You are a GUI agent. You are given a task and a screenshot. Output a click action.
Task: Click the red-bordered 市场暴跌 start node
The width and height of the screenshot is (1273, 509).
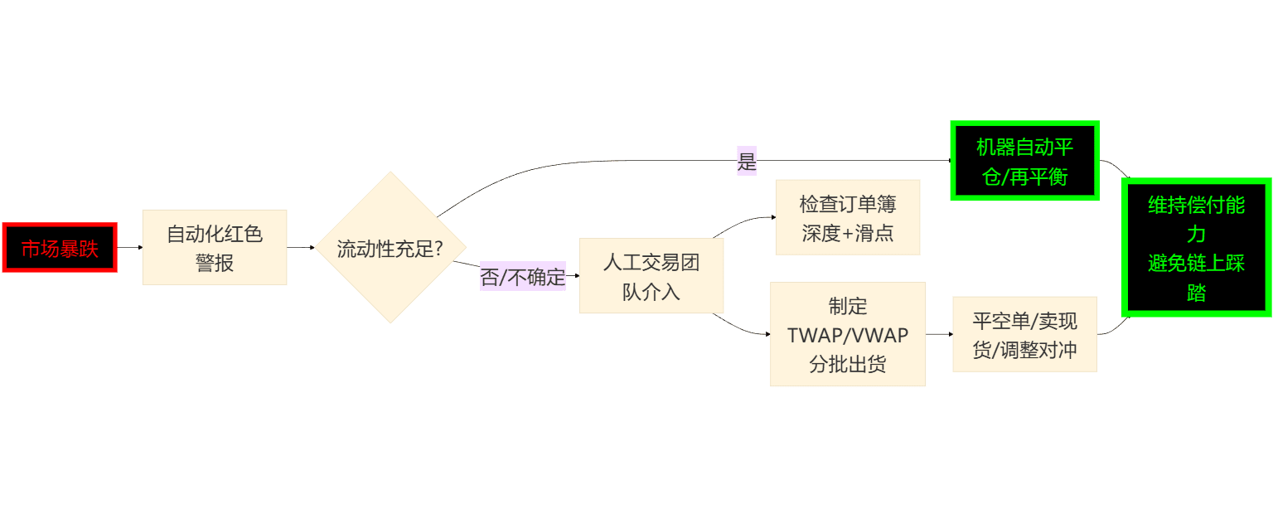[x=60, y=248]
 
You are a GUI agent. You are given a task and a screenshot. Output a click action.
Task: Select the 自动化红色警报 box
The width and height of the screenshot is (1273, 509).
[x=215, y=247]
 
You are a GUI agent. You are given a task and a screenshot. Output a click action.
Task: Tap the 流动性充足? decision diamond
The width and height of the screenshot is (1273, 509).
[x=390, y=247]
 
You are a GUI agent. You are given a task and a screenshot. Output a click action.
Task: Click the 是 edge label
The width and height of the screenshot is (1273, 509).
[x=747, y=161]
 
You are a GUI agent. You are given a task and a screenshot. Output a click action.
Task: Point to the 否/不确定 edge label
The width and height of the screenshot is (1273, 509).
[x=522, y=278]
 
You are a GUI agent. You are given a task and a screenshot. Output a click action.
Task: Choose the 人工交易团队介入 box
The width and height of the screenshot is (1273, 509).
[x=651, y=276]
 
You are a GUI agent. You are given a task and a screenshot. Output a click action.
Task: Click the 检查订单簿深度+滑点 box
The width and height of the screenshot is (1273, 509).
[x=848, y=217]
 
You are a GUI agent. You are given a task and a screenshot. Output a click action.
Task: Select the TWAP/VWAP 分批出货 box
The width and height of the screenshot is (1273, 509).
[x=847, y=334]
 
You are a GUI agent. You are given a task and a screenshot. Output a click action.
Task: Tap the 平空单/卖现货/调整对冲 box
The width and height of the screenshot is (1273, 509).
[x=1024, y=334]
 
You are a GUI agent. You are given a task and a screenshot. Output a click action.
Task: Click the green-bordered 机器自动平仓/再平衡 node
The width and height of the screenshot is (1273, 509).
[x=1024, y=161]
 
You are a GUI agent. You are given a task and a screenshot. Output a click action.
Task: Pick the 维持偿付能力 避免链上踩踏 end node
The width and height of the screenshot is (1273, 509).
[x=1196, y=247]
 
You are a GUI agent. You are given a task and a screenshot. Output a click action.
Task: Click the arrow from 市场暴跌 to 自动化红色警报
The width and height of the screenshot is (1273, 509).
[x=129, y=247]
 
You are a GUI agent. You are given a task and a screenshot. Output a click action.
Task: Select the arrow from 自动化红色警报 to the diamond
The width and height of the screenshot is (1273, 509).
[x=300, y=247]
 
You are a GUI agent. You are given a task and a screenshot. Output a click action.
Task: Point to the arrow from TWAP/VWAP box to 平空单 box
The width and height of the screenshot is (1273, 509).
[x=938, y=334]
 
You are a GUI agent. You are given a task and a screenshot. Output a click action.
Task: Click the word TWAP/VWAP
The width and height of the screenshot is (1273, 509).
[x=847, y=335]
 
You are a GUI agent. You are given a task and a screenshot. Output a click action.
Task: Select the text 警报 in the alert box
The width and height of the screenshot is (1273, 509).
[x=215, y=263]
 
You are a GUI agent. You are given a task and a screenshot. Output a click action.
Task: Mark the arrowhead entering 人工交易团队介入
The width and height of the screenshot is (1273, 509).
[x=576, y=275]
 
